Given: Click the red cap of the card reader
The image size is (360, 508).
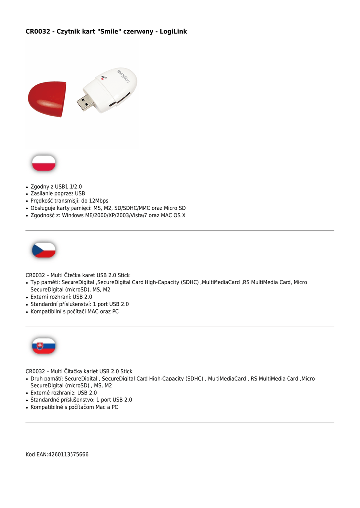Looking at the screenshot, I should coord(46,99).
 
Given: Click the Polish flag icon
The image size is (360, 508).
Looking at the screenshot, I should coord(44,163).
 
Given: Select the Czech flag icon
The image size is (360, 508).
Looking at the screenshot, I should coord(44,250).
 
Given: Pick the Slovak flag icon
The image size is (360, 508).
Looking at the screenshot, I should coord(44,346).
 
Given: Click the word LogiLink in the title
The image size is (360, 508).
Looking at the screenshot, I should coord(173,32).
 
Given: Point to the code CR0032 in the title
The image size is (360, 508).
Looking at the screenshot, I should coord(37,32).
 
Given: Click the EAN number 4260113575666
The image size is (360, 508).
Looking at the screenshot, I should coord(68,454).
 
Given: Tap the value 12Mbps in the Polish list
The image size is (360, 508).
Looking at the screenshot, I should coord(98,201).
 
